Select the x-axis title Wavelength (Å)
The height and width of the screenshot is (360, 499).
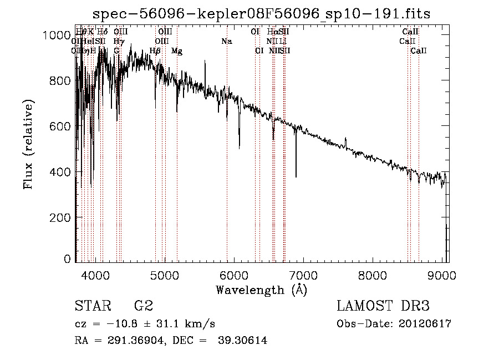[x=261, y=289]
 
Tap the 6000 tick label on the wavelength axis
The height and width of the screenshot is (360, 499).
[x=233, y=275]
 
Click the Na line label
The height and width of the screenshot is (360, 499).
[x=226, y=41]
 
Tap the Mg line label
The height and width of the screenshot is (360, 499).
[x=177, y=51]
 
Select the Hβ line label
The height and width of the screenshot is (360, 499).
[x=155, y=51]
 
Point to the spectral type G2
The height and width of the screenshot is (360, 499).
[x=143, y=306]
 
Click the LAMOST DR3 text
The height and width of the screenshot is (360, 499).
[x=384, y=306]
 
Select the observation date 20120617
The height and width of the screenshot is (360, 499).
[x=424, y=324]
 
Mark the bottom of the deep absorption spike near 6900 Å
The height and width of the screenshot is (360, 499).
[x=296, y=177]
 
